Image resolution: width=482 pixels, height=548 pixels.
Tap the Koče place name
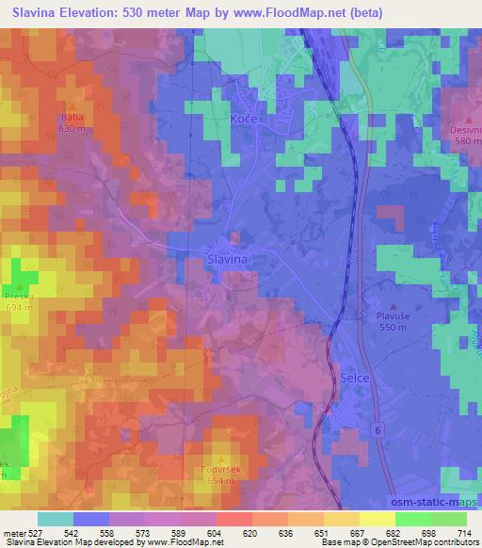(244, 120)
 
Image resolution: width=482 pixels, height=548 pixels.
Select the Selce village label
(350, 378)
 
